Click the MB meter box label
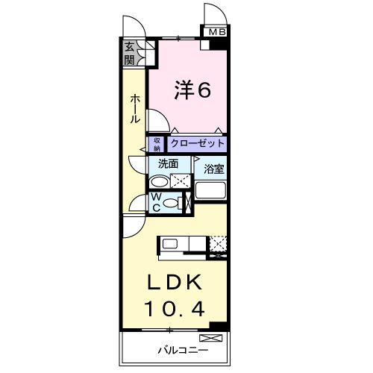coord(216,32)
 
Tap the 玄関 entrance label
coord(131,54)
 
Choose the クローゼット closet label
coord(197,143)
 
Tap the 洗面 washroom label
coord(168,163)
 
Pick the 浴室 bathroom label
coord(214,169)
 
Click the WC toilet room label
coord(156,201)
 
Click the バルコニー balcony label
coord(177,348)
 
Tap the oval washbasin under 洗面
coord(159,181)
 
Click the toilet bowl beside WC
coord(172,202)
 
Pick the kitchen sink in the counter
coord(169,244)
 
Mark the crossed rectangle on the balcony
coord(211,339)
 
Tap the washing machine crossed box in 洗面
coord(180,181)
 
